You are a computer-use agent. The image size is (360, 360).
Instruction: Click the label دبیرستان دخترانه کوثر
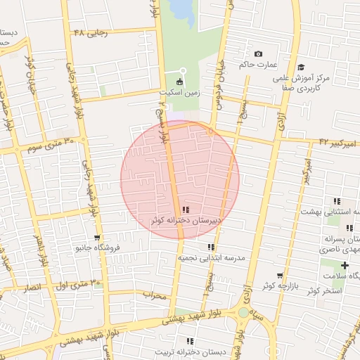coord(186,220)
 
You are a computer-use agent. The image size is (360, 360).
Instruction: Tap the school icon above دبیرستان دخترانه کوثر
coord(185,210)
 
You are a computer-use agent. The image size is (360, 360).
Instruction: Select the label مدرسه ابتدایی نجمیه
coord(210,258)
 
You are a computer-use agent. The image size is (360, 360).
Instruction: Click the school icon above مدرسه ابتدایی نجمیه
coord(210,247)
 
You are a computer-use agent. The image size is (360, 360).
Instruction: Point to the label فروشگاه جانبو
coord(98,247)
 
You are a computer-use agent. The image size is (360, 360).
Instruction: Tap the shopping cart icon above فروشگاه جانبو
coord(97,238)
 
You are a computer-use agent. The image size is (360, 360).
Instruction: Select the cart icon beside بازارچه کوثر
coord(280,276)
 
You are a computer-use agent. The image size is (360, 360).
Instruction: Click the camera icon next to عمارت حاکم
coord(258,55)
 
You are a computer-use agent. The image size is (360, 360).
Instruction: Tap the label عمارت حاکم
coord(254,65)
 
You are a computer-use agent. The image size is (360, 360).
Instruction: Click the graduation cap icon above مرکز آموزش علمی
coord(302,67)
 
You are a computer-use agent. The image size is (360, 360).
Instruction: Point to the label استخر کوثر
coord(324,290)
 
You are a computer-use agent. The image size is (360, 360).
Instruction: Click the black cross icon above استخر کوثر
coord(345,265)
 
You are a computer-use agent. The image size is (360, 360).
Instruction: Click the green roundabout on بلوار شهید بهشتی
coord(243,311)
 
